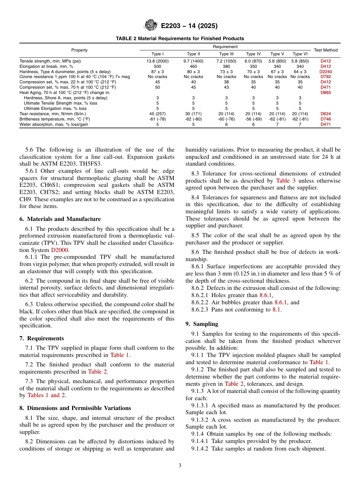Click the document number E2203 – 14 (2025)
pos(189,26)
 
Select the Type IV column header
pos(253,54)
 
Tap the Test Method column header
pos(326,50)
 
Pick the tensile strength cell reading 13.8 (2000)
pos(158,61)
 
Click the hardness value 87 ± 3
pos(158,71)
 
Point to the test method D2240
pos(326,71)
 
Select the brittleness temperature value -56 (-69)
pos(253,119)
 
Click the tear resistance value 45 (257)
pos(158,114)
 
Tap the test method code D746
pos(326,119)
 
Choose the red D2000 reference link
pos(60,250)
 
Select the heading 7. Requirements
pos(42,338)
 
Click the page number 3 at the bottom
pos(180,465)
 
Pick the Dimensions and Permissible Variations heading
pos(75,408)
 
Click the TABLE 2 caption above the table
pos(180,39)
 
